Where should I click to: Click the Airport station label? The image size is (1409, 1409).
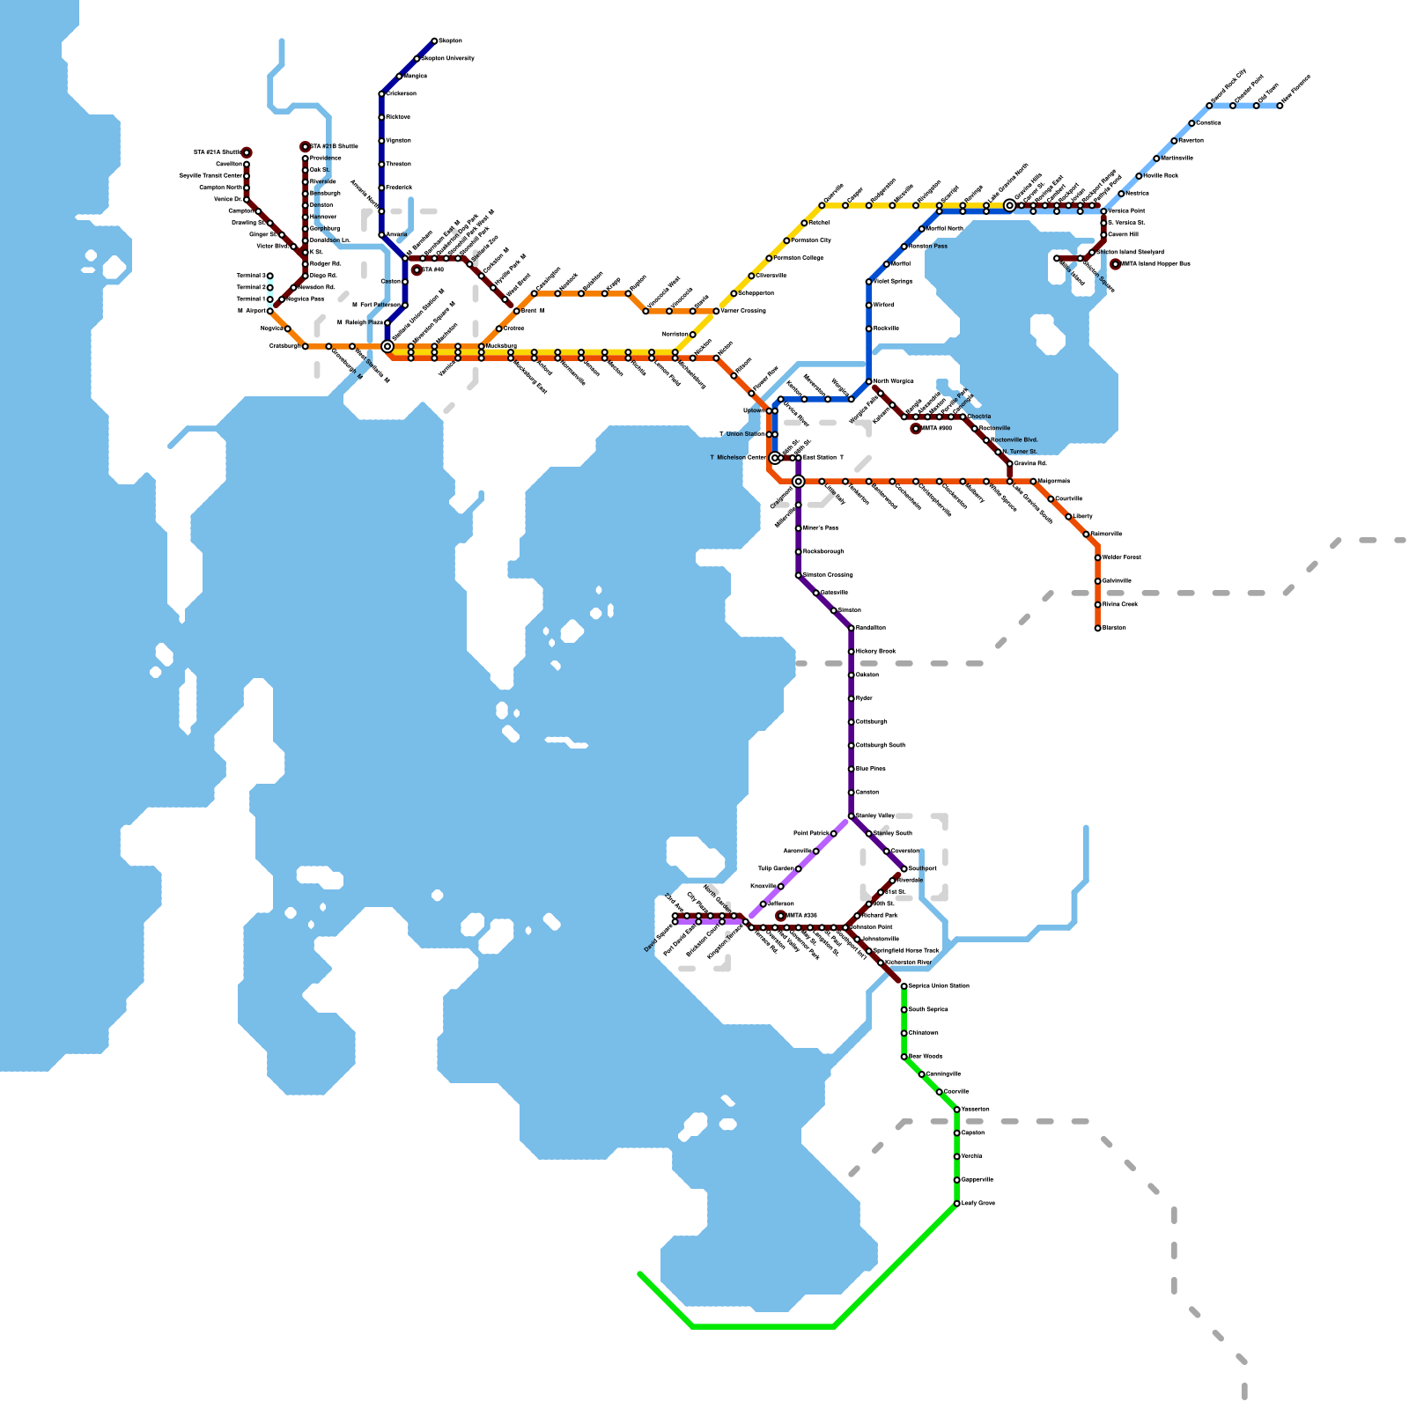pyautogui.click(x=254, y=311)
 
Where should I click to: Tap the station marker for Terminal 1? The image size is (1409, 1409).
pyautogui.click(x=270, y=299)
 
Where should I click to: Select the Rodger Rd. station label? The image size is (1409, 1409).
pyautogui.click(x=325, y=263)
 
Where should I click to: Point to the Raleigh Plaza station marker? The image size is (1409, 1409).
pyautogui.click(x=387, y=323)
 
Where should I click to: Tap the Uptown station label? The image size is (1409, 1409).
pyautogui.click(x=754, y=410)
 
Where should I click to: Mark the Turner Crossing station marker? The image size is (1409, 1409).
pyautogui.click(x=716, y=311)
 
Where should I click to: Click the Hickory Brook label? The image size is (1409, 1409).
pyautogui.click(x=875, y=652)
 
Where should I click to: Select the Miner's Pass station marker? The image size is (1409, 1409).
pyautogui.click(x=799, y=528)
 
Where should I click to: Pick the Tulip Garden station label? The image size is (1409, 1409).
pyautogui.click(x=776, y=869)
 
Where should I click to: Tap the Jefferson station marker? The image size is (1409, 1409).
pyautogui.click(x=764, y=904)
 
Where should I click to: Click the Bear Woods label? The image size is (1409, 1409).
pyautogui.click(x=926, y=1056)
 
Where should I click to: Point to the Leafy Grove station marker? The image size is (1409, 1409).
pyautogui.click(x=957, y=1204)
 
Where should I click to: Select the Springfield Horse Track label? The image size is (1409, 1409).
pyautogui.click(x=906, y=951)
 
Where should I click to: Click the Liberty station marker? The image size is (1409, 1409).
pyautogui.click(x=1069, y=517)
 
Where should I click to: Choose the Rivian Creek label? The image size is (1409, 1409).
pyautogui.click(x=1120, y=605)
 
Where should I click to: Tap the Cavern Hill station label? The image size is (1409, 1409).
pyautogui.click(x=1123, y=235)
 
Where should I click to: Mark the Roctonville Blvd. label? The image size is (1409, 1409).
pyautogui.click(x=1014, y=439)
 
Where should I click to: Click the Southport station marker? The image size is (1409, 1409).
pyautogui.click(x=904, y=869)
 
